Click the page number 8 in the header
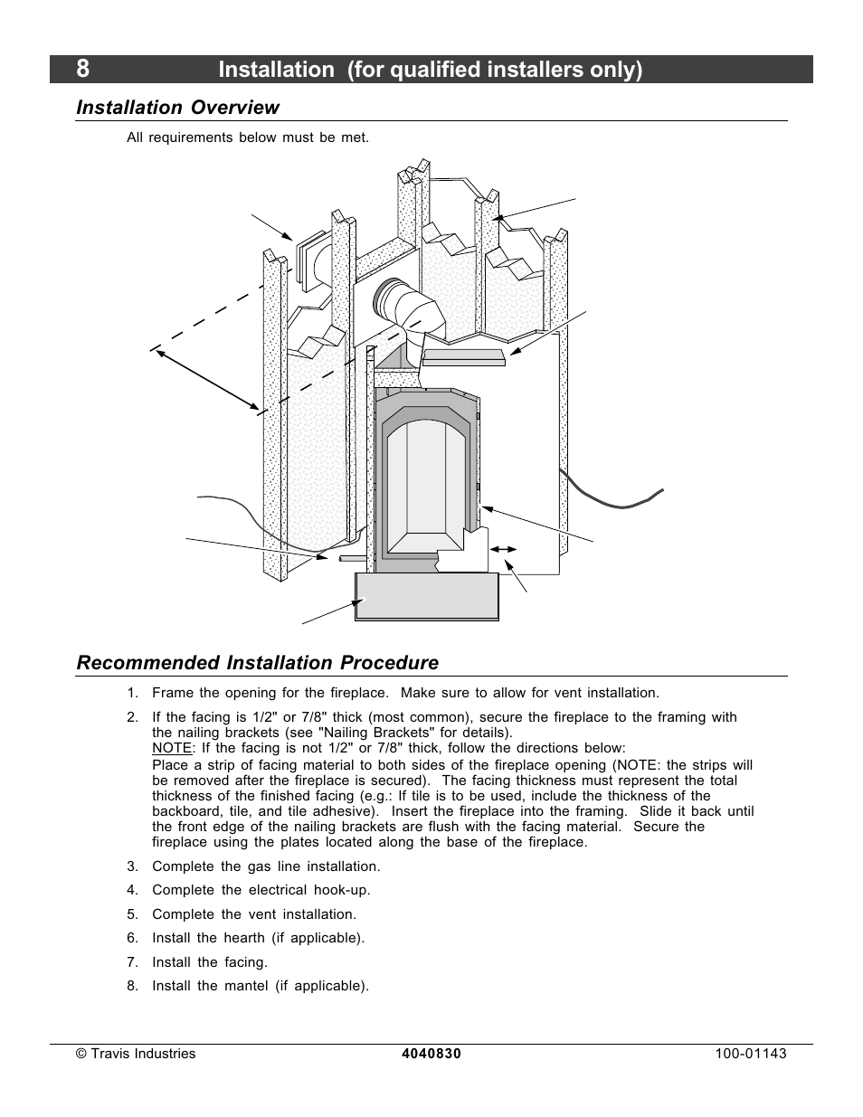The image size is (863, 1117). [x=83, y=69]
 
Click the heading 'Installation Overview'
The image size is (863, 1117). [x=178, y=108]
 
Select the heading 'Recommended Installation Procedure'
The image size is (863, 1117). [x=258, y=663]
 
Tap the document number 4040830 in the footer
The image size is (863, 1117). [x=431, y=1054]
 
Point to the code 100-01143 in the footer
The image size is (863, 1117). [x=747, y=1054]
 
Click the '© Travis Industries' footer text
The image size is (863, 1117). [x=136, y=1054]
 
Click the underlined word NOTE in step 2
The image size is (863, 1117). [x=172, y=748]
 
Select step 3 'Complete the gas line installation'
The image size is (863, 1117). [x=266, y=866]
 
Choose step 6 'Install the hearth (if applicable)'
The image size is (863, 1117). [x=258, y=938]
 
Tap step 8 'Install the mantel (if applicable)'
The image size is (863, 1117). [x=261, y=986]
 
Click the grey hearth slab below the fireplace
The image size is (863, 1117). [x=427, y=596]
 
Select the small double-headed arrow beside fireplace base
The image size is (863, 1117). [x=503, y=549]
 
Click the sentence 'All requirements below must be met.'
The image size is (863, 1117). [x=248, y=137]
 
